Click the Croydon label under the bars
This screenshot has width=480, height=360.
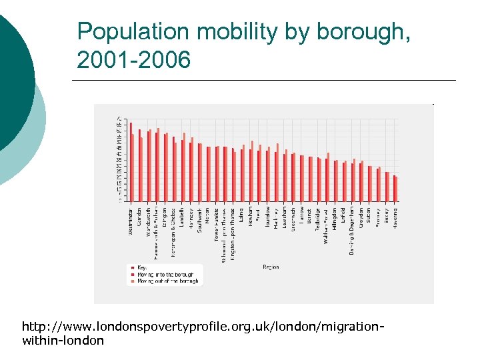coord(361,217)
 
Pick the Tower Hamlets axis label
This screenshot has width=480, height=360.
coord(217,226)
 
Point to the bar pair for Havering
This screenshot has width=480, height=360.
coord(395,188)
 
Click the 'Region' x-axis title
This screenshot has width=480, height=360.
coord(271,267)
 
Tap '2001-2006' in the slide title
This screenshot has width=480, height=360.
coord(133,60)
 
